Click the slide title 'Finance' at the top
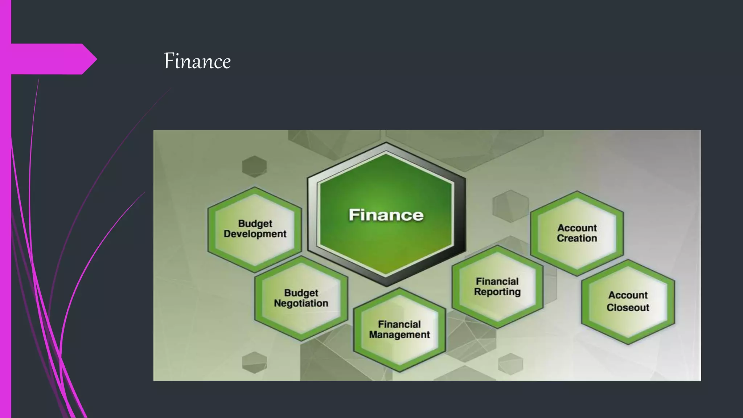(x=197, y=61)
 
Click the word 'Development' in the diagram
(x=255, y=234)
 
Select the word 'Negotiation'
(x=301, y=303)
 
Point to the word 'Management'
(x=399, y=335)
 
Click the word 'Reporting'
(x=497, y=292)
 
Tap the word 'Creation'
(x=577, y=238)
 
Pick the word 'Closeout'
(x=628, y=308)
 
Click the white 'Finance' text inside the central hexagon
(x=386, y=215)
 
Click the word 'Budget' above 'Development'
(x=255, y=224)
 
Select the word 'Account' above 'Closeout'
(x=628, y=295)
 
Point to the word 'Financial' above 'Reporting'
(x=497, y=282)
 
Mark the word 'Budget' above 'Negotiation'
(x=301, y=293)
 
